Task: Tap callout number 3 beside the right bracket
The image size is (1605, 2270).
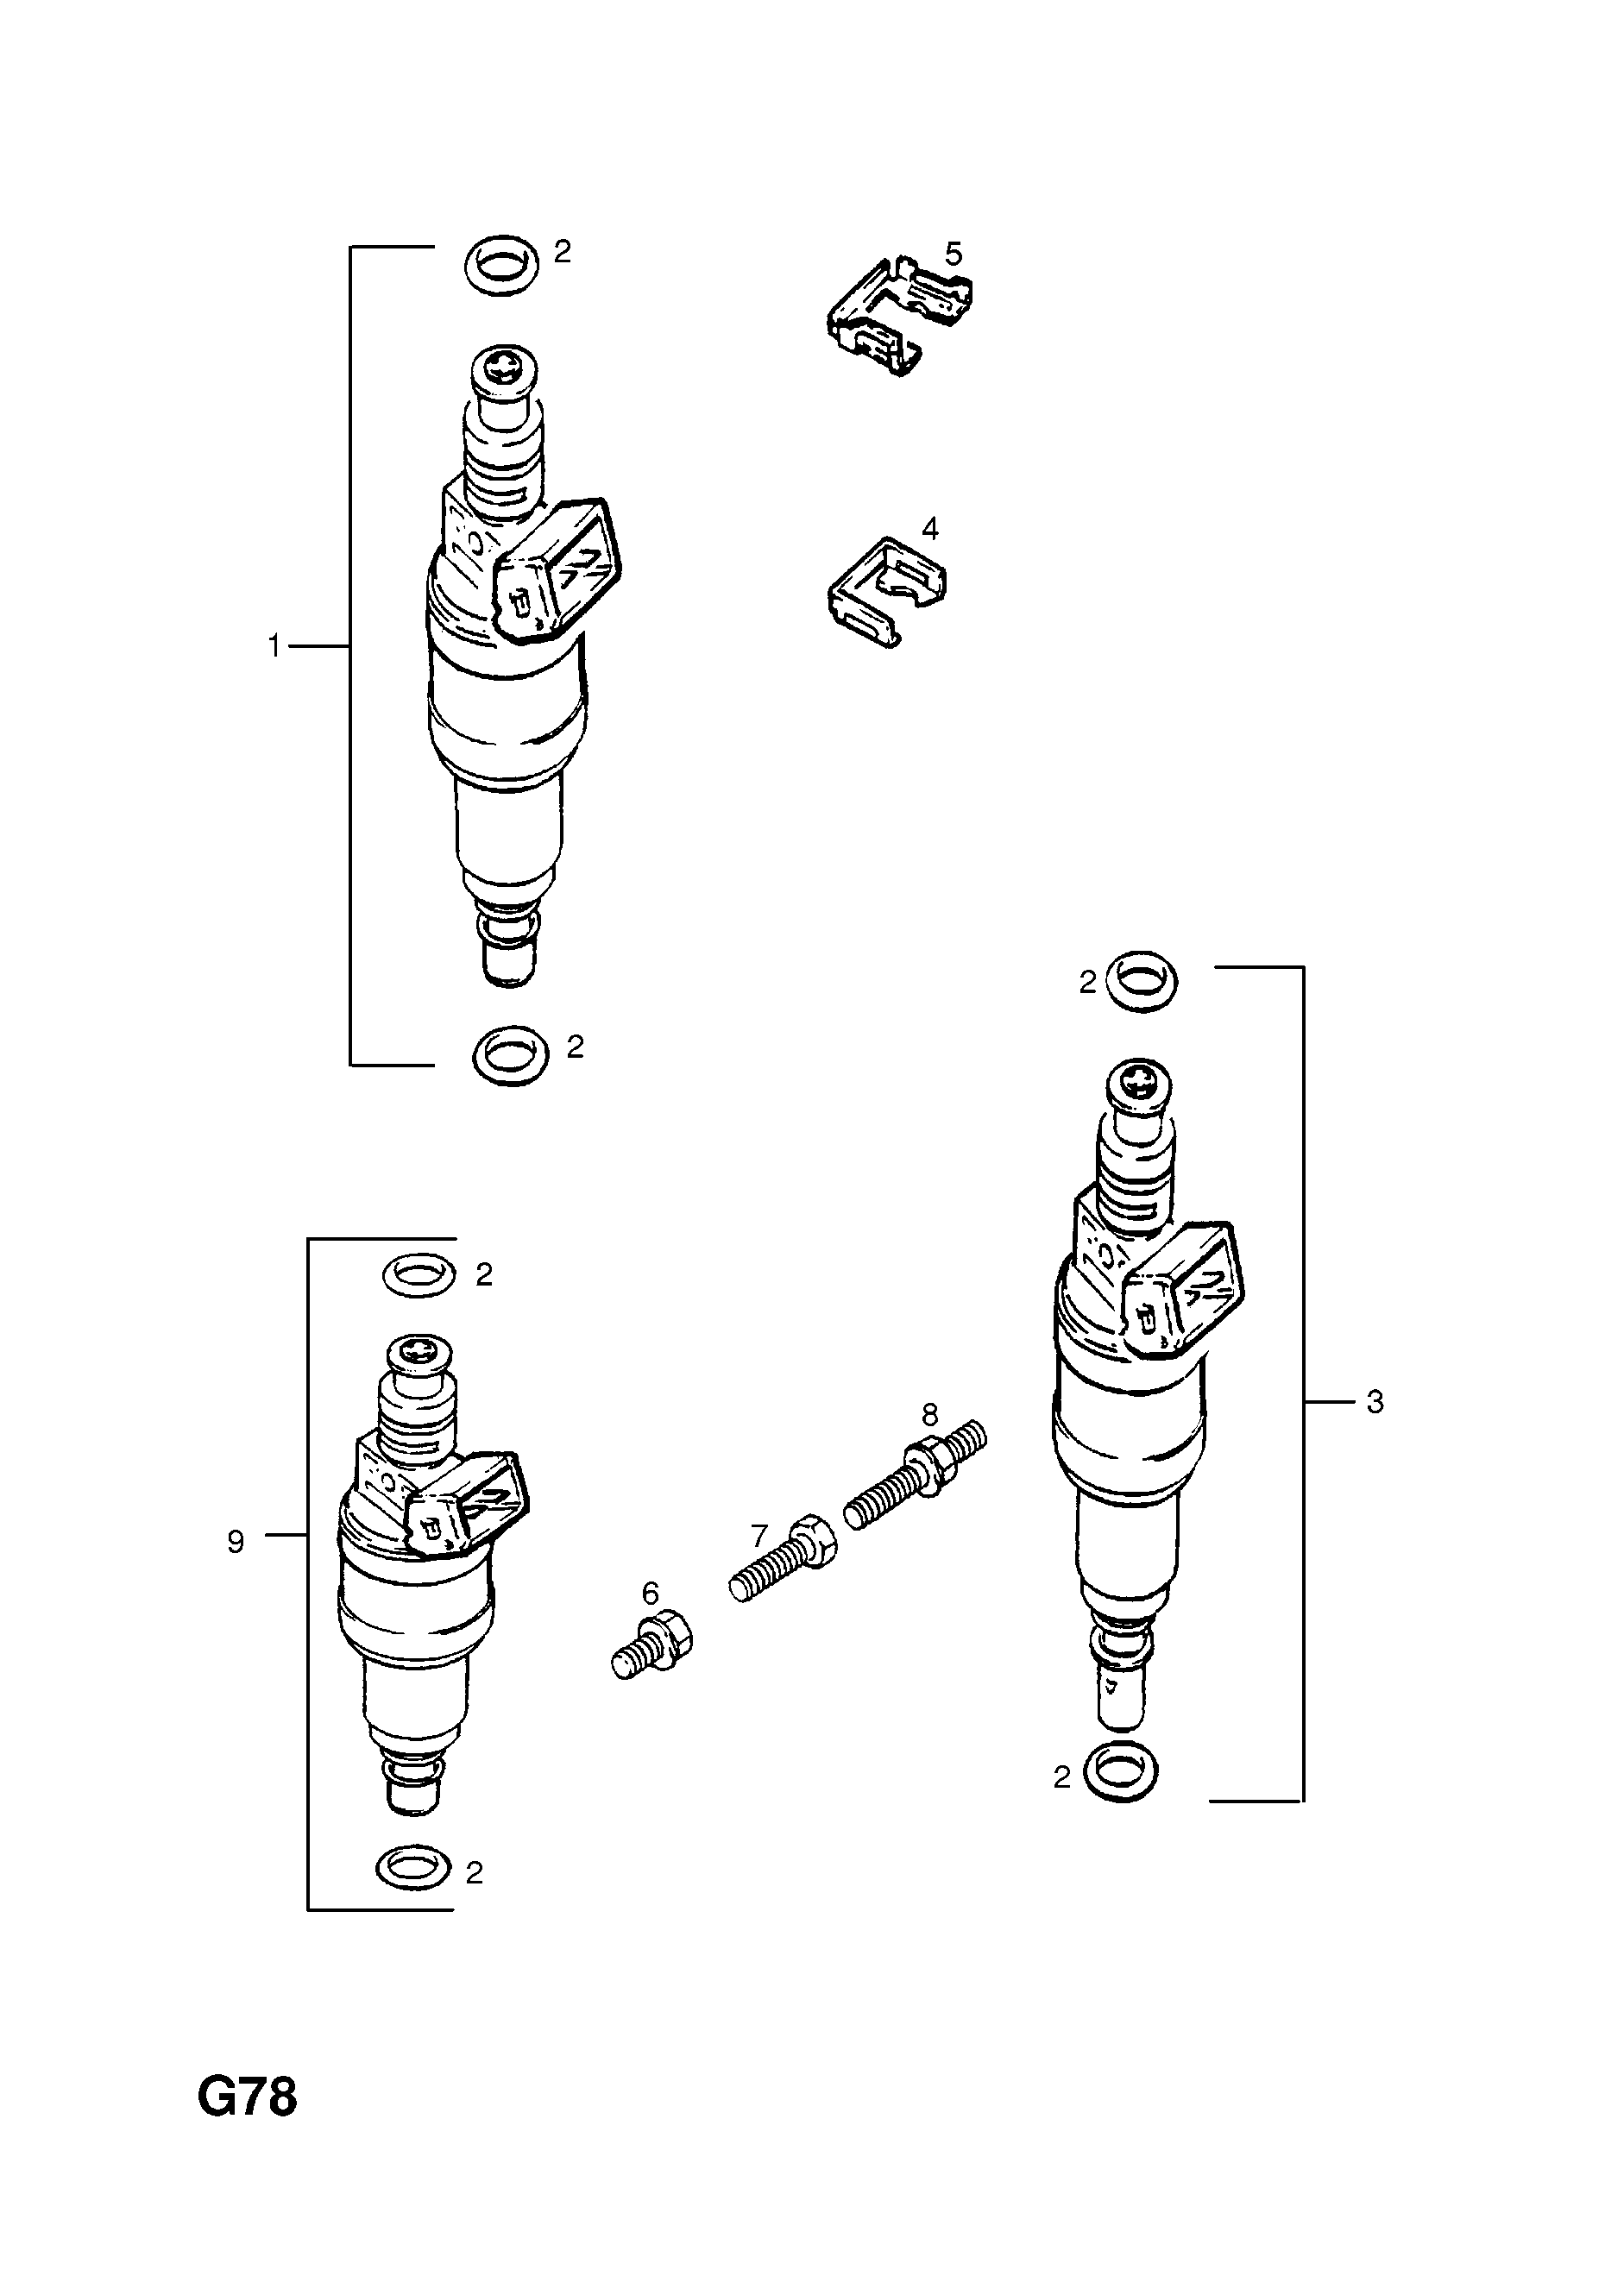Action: click(x=1375, y=1401)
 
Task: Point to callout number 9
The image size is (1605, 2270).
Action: click(x=236, y=1541)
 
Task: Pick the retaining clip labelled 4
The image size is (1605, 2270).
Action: click(x=886, y=590)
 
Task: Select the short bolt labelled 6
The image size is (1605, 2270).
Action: click(x=652, y=1648)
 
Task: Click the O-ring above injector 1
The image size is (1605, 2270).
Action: click(x=501, y=264)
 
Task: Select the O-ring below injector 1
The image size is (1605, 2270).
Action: click(x=510, y=1055)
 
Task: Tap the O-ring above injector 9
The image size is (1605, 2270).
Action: click(x=419, y=1274)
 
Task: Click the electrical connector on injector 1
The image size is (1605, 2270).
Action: click(x=559, y=574)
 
